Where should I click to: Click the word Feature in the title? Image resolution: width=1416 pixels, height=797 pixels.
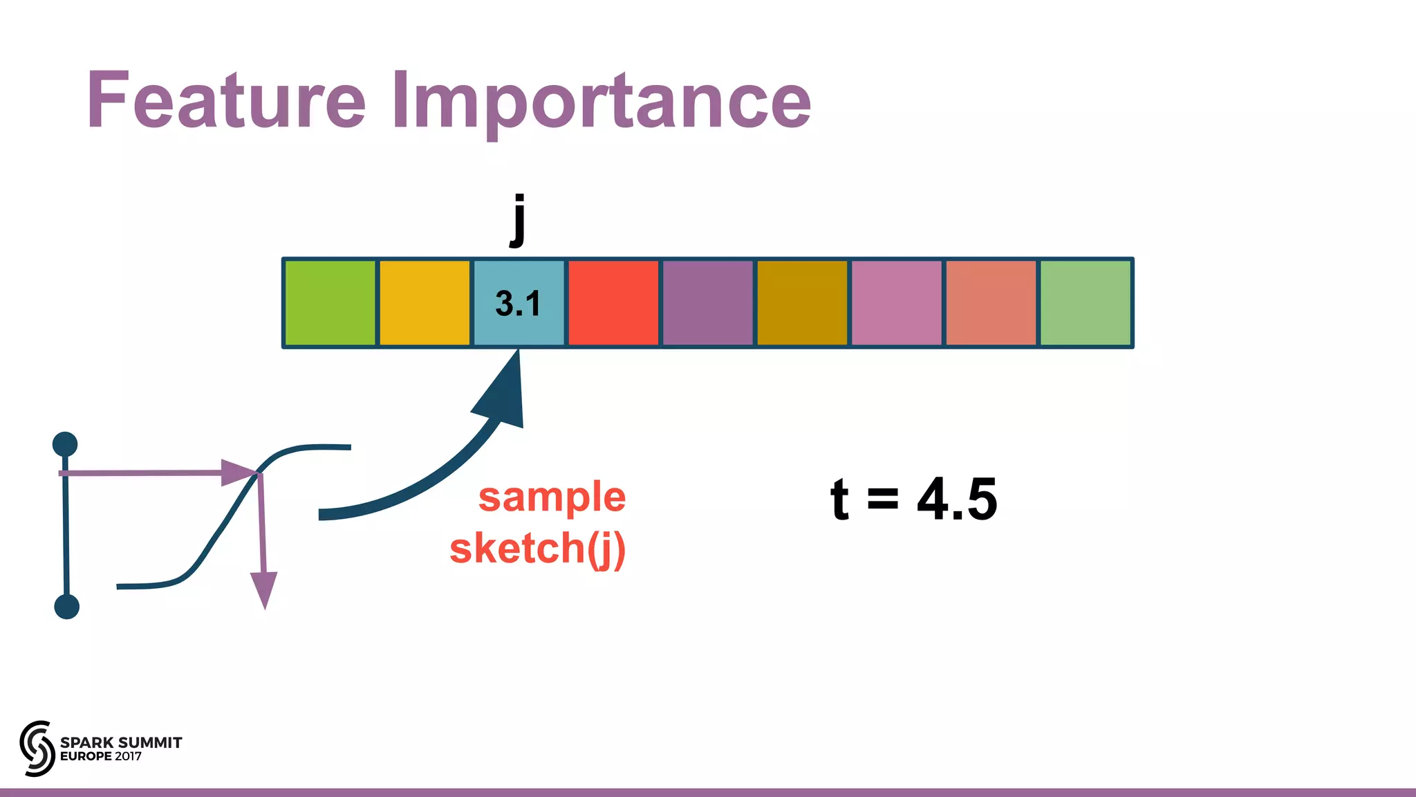pyautogui.click(x=226, y=101)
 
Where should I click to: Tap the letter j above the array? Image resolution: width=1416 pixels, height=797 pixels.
pyautogui.click(x=518, y=220)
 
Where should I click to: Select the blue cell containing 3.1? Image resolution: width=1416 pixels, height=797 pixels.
pyautogui.click(x=519, y=303)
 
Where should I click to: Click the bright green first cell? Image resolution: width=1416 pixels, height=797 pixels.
pyautogui.click(x=330, y=303)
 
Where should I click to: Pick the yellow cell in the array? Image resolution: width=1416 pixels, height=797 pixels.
pyautogui.click(x=425, y=303)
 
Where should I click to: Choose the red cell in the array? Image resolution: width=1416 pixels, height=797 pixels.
pyautogui.click(x=613, y=303)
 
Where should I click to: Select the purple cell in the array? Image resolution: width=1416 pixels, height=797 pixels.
pyautogui.click(x=707, y=303)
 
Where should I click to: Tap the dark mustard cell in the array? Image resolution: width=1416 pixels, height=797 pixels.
pyautogui.click(x=802, y=303)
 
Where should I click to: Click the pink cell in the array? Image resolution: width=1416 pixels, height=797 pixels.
pyautogui.click(x=896, y=303)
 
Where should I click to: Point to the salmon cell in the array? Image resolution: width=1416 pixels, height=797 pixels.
pyautogui.click(x=991, y=303)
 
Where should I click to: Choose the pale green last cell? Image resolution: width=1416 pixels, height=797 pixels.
pyautogui.click(x=1086, y=303)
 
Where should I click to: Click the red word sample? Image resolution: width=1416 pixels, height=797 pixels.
pyautogui.click(x=552, y=497)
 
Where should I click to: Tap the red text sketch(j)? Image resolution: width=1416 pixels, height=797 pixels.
pyautogui.click(x=537, y=548)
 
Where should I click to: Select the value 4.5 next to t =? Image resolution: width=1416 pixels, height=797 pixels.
pyautogui.click(x=957, y=500)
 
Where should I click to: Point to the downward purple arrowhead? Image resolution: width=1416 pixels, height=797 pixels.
pyautogui.click(x=263, y=588)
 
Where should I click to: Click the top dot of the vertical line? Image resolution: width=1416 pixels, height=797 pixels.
pyautogui.click(x=65, y=444)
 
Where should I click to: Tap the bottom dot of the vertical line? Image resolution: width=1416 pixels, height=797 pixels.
pyautogui.click(x=66, y=607)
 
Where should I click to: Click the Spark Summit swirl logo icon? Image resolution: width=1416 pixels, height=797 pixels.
pyautogui.click(x=37, y=748)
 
